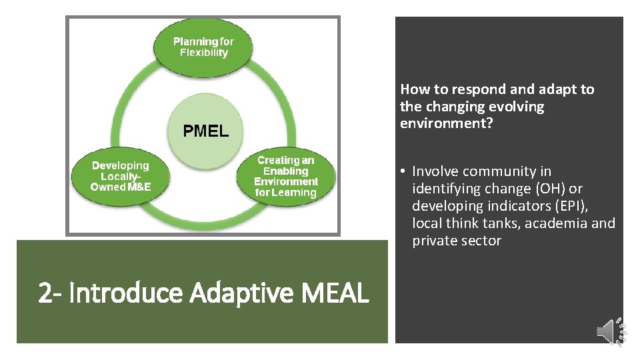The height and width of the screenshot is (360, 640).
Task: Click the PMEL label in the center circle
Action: [x=206, y=131]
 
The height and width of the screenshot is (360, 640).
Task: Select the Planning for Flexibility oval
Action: [x=203, y=47]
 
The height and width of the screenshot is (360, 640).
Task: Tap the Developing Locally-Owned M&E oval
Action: [x=121, y=176]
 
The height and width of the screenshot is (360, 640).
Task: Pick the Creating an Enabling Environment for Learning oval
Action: [x=286, y=176]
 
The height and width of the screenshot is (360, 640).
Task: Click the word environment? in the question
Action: [x=446, y=124]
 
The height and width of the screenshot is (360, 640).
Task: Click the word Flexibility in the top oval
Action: [x=204, y=53]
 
